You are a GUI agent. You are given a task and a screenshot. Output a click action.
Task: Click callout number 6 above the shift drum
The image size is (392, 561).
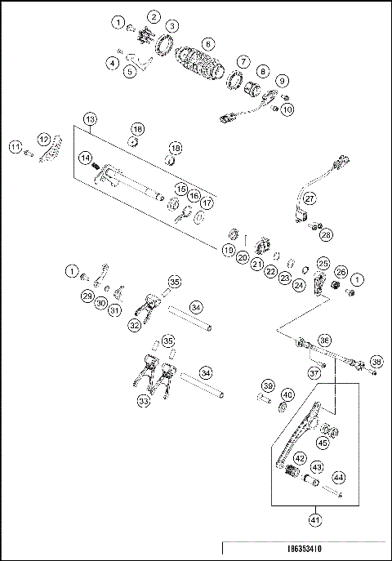tap(208, 42)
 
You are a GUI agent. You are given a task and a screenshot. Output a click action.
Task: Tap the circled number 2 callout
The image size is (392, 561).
tap(154, 16)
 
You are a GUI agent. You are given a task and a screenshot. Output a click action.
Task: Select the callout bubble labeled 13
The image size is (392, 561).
tap(90, 118)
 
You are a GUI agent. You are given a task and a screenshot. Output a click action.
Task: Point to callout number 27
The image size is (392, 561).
tap(310, 198)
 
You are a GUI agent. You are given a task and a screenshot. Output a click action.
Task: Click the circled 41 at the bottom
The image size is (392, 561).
tap(315, 518)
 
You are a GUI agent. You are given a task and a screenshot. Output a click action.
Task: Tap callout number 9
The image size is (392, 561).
tap(282, 81)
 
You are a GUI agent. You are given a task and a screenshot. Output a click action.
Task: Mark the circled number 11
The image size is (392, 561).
tap(15, 146)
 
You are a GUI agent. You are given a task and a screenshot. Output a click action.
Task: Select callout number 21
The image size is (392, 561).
tap(256, 265)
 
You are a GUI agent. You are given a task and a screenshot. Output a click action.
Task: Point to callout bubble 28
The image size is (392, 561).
tap(327, 234)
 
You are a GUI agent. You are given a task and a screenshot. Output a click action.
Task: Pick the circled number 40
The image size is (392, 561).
tap(287, 395)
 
